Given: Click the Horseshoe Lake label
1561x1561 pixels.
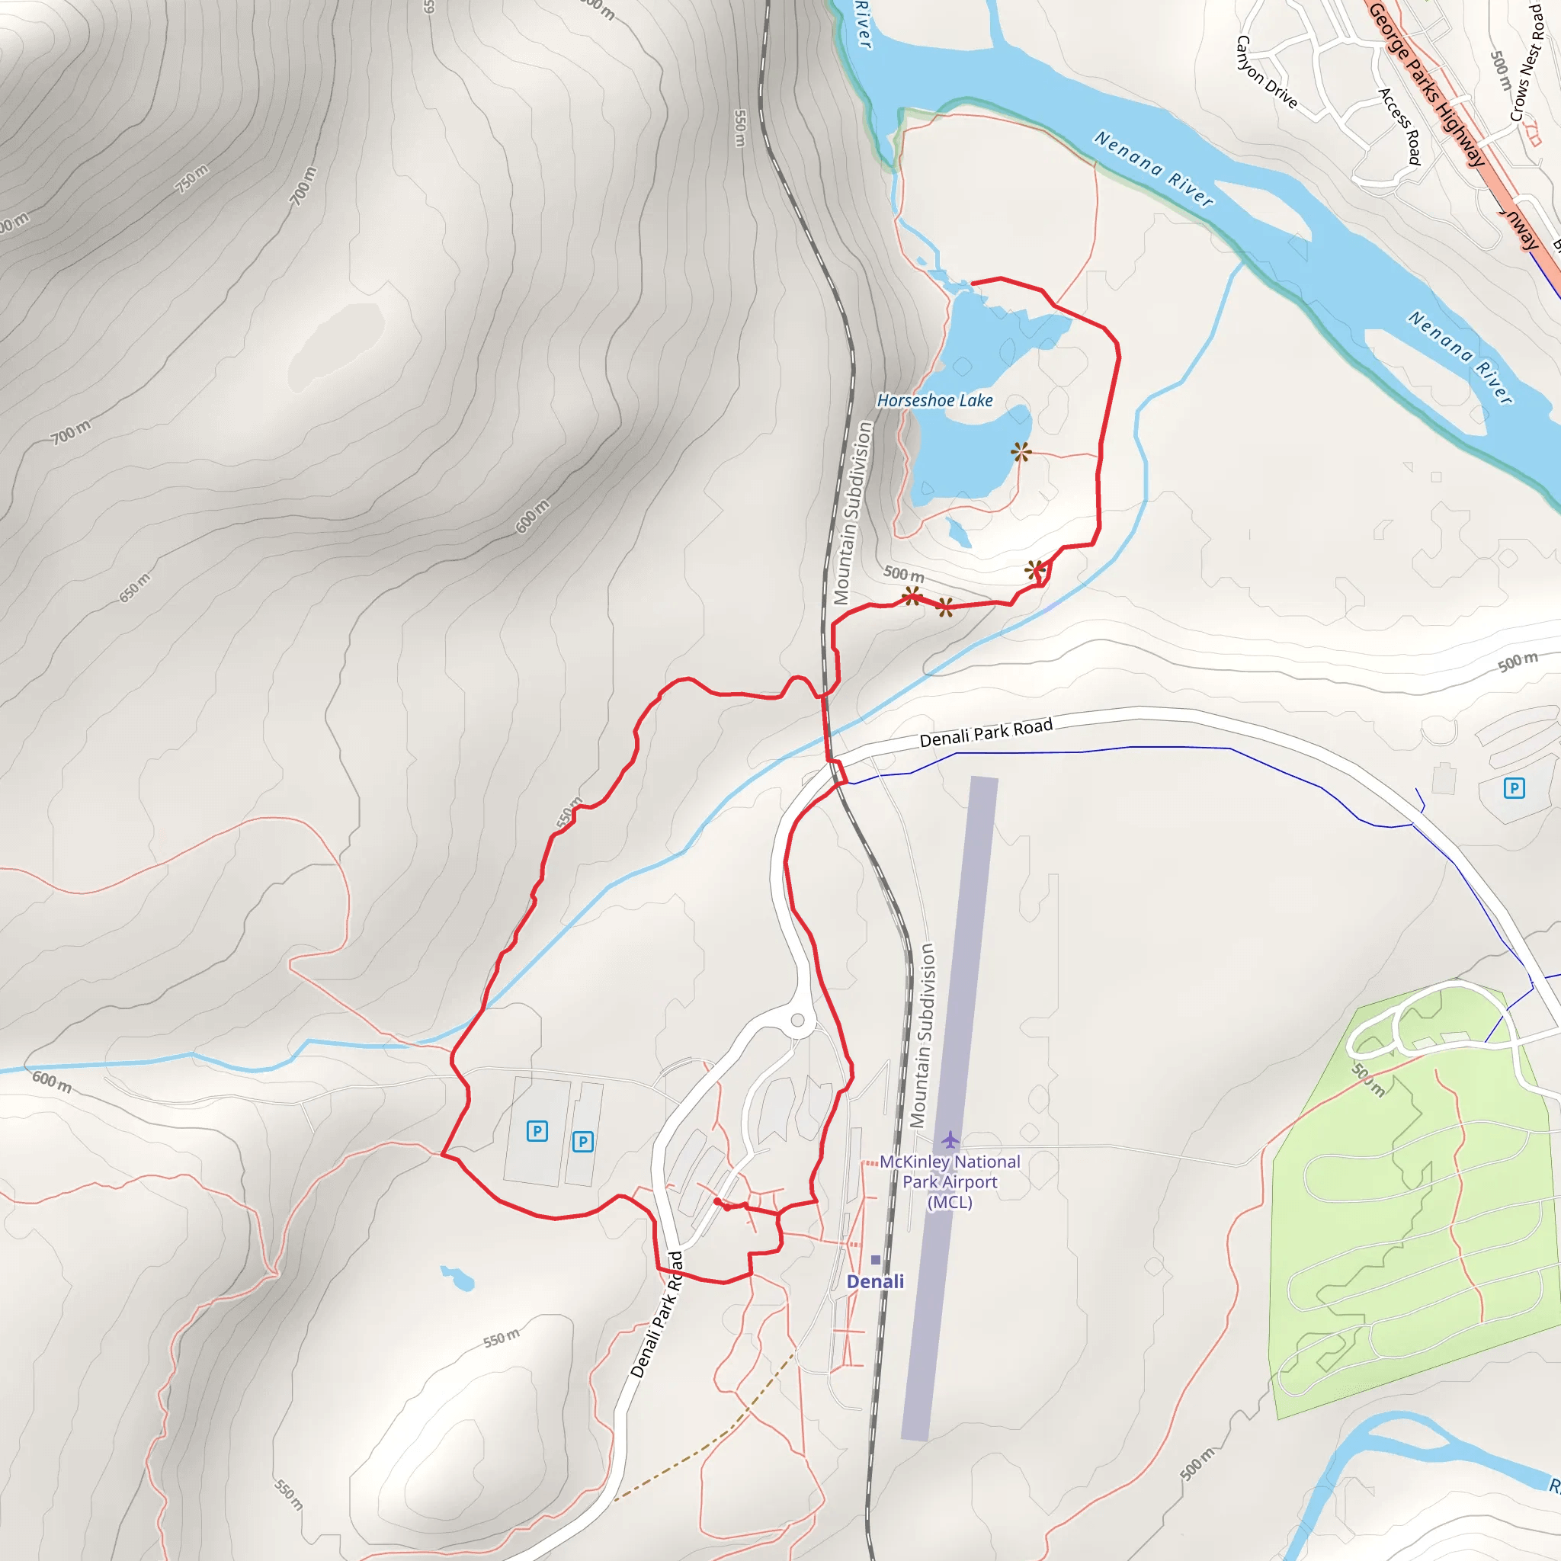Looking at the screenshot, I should (934, 400).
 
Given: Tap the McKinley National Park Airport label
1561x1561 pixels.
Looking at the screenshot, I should (950, 1181).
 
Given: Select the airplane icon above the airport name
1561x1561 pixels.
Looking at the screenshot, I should (950, 1140).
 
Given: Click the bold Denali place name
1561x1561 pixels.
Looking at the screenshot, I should (875, 1281).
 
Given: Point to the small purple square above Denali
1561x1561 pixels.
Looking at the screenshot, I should (876, 1260).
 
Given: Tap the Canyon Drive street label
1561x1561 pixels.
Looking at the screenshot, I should (1266, 72).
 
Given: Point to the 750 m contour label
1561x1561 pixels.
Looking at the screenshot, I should (192, 178).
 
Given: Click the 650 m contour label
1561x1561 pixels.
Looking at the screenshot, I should (135, 588).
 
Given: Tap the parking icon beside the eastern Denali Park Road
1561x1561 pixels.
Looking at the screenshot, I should (1515, 788).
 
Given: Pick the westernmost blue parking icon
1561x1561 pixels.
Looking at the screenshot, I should (537, 1131).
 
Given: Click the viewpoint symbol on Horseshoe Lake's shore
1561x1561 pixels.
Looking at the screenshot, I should (1021, 452).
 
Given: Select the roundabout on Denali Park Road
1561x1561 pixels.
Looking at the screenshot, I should (797, 1021).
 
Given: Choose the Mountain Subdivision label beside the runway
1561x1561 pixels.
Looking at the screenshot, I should (922, 1035).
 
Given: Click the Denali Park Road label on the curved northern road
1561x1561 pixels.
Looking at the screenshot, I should (986, 732).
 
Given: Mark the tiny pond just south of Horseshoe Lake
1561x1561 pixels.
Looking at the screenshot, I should (959, 533).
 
